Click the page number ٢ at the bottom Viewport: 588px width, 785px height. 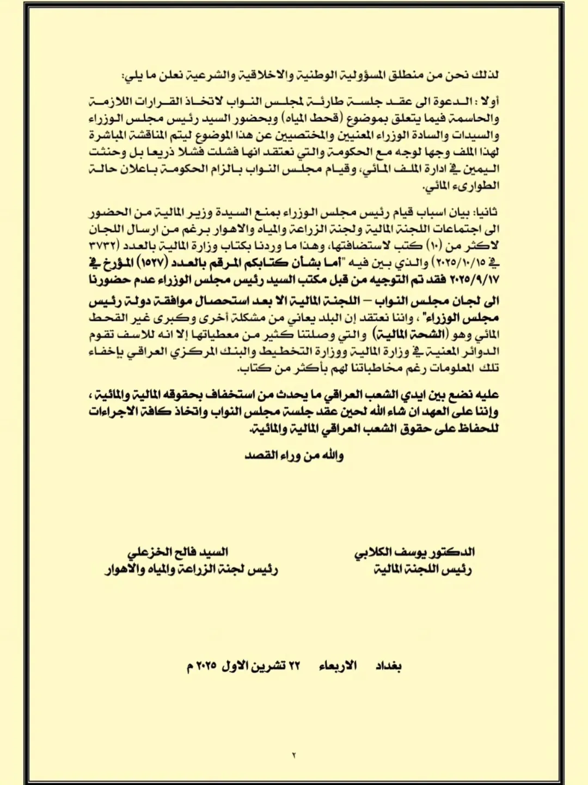click(294, 756)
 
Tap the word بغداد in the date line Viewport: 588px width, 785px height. click(388, 666)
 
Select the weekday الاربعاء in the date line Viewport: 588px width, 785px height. click(338, 666)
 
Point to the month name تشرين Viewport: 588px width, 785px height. click(272, 666)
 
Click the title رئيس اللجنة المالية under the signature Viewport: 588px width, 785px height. click(422, 570)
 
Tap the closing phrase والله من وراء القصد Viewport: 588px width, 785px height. click(294, 455)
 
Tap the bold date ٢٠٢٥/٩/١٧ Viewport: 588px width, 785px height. click(473, 280)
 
